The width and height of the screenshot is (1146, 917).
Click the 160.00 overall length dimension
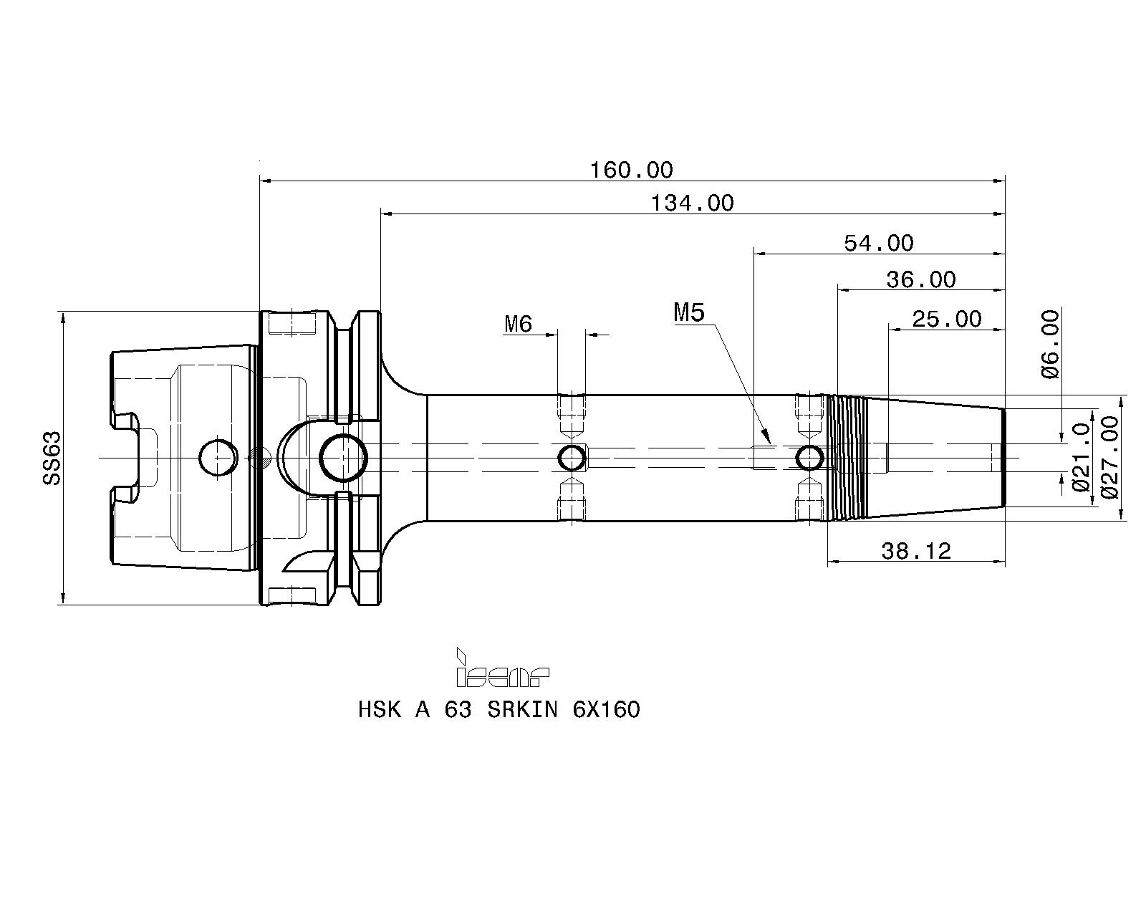[x=632, y=171]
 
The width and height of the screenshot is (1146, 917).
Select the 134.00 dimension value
[x=693, y=203]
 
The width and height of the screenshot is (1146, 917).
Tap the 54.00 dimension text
[x=879, y=244]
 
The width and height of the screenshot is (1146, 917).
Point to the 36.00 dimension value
[x=921, y=279]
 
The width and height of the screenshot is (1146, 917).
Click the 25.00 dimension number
[x=947, y=320]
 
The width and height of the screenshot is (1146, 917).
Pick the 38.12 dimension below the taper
[x=916, y=551]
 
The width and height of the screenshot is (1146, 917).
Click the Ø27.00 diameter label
[x=1109, y=457]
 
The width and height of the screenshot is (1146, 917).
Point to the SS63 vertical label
[x=52, y=458]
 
